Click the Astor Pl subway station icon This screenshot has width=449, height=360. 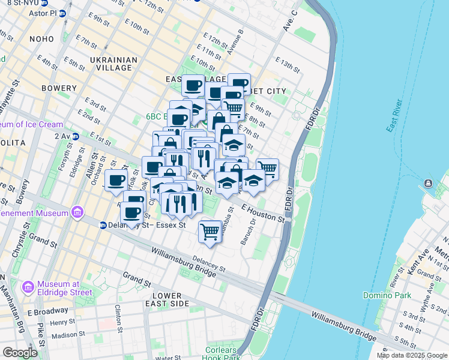click(61, 13)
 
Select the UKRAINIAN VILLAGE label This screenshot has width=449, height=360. click(113, 64)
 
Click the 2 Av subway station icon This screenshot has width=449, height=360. click(75, 136)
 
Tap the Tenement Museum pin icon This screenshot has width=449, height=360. click(76, 212)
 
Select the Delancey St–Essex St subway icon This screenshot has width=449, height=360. click(103, 225)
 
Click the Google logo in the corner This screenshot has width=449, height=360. click(20, 353)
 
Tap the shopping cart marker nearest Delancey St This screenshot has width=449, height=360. click(210, 230)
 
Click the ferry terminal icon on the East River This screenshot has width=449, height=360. click(427, 183)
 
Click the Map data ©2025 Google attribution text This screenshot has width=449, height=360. click(411, 355)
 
